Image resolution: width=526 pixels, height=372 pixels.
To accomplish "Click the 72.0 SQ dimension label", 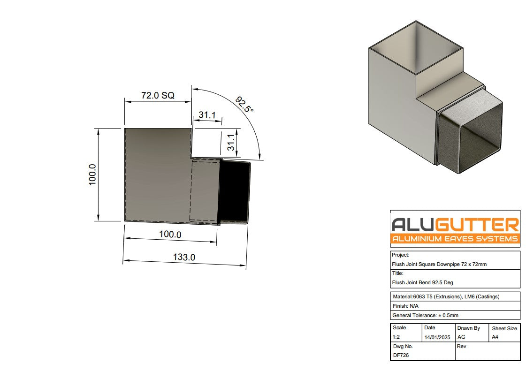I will (158, 95).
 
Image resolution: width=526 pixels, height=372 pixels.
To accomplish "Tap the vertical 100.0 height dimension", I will (92, 175).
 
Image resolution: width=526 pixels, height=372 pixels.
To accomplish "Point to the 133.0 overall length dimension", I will (184, 257).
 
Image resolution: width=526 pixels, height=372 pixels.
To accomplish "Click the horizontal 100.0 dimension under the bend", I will (170, 234).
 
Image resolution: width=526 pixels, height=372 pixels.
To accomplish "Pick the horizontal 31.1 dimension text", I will (207, 115).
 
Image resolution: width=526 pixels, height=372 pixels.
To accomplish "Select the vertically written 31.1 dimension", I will (231, 143).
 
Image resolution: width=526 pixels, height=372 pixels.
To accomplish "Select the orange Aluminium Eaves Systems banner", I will (455, 239).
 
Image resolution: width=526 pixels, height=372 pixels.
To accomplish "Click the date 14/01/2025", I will (437, 337).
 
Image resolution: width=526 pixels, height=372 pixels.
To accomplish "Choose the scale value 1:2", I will (396, 337).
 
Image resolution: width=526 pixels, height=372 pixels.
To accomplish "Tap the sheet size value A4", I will (495, 337).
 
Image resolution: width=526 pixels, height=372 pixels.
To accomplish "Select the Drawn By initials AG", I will (461, 337).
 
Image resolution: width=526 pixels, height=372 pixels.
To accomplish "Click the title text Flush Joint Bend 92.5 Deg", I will (422, 282).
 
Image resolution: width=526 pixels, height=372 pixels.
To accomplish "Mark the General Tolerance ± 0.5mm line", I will (425, 315).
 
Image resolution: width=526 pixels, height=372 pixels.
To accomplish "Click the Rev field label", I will (462, 346).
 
